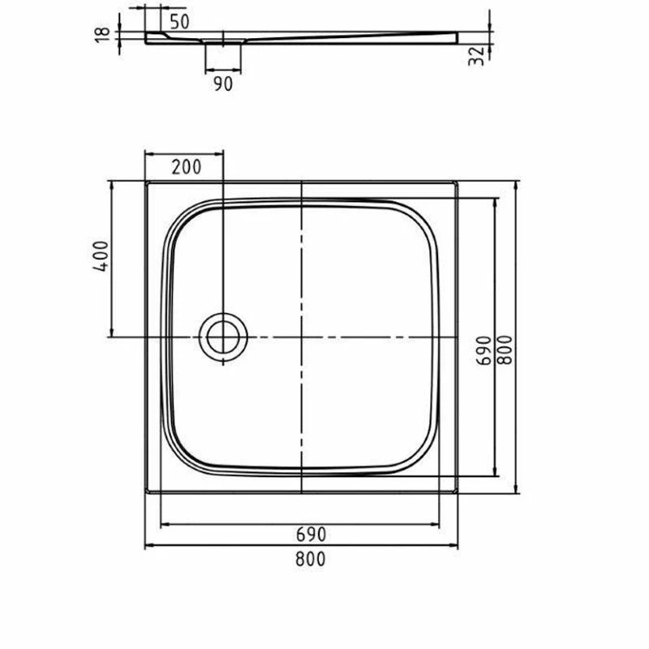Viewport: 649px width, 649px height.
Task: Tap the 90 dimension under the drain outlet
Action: tap(223, 83)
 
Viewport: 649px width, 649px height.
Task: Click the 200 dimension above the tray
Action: tap(186, 167)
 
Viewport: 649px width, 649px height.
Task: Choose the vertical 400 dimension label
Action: tap(100, 258)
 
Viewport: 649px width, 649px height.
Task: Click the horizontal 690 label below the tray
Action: tap(311, 535)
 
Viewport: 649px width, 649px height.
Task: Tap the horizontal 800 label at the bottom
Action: tap(311, 558)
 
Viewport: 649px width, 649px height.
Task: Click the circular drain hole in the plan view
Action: tap(221, 337)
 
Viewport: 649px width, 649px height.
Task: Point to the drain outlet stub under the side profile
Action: tap(223, 55)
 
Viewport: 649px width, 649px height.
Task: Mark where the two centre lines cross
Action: tap(301, 337)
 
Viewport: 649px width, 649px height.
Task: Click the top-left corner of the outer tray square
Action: tap(145, 182)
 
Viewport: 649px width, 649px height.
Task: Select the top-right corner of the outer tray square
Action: tap(459, 182)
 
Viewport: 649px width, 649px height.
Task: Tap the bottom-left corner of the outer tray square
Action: tap(145, 492)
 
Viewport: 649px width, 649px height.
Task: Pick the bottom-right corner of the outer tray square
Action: tap(459, 492)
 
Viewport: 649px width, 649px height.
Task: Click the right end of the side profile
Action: tap(456, 37)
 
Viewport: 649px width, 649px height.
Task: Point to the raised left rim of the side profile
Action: tap(154, 37)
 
